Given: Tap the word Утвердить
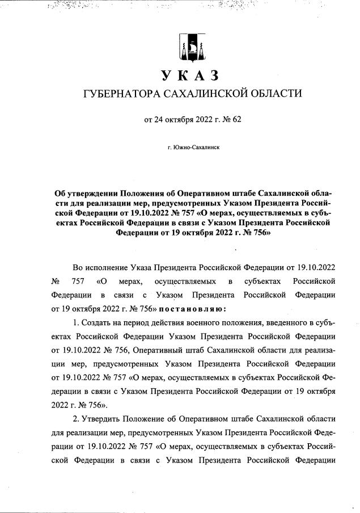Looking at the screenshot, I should click(x=100, y=419).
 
